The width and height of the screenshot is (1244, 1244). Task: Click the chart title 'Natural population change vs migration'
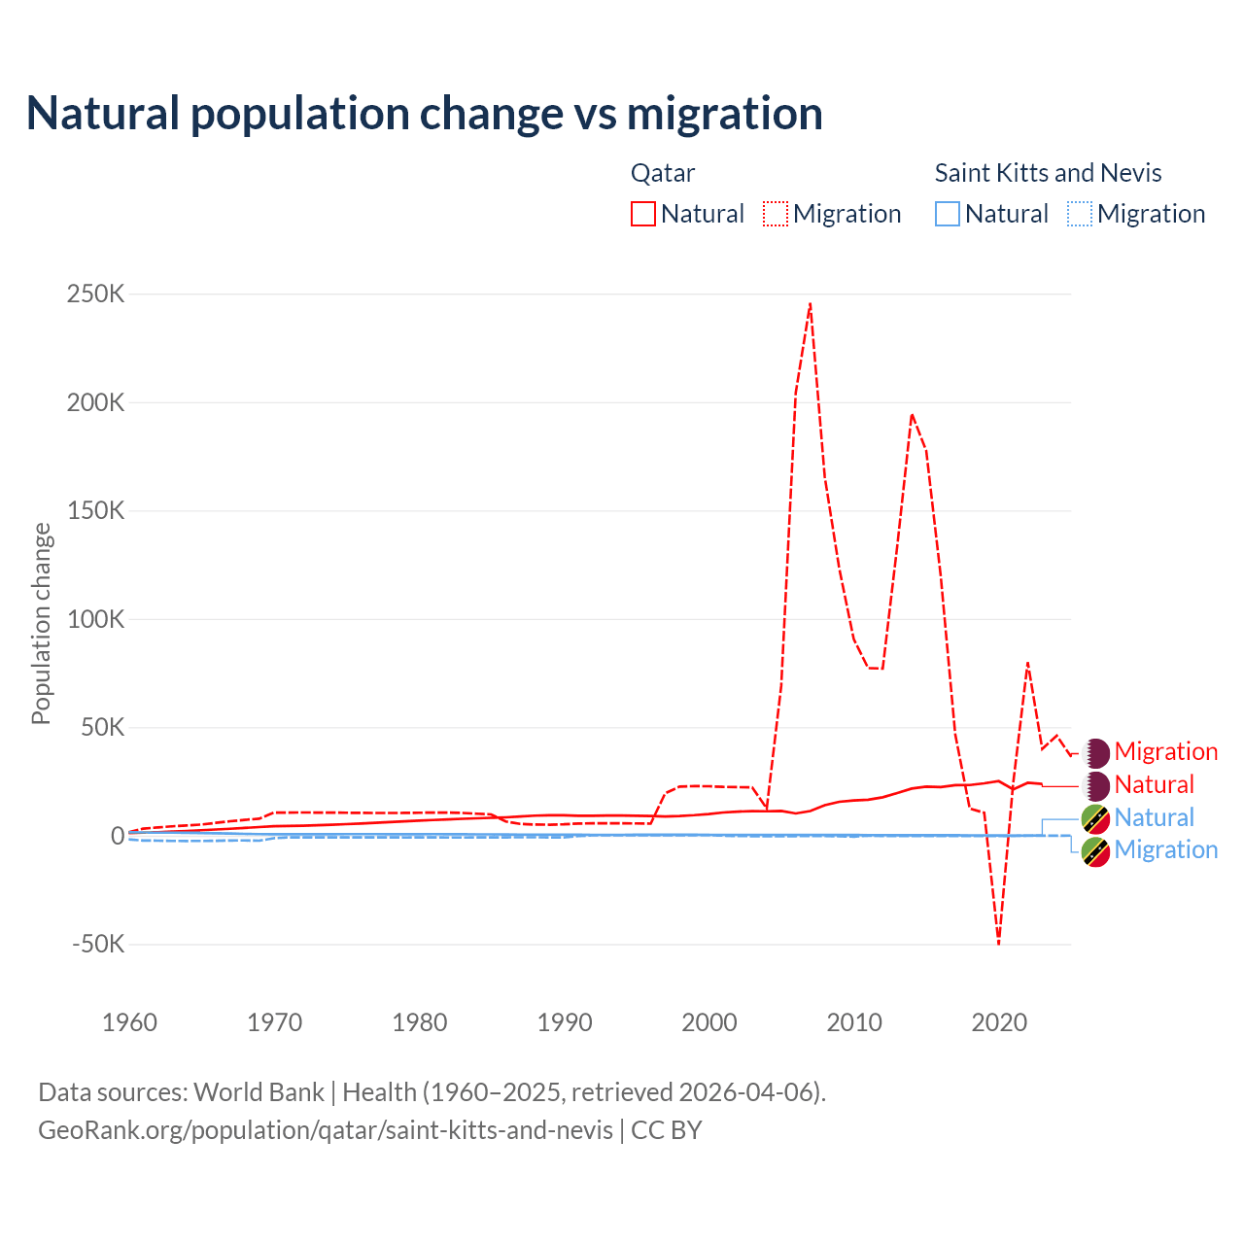point(425,114)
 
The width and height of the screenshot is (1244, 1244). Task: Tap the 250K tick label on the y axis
point(95,294)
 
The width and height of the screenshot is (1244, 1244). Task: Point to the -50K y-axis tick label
point(98,944)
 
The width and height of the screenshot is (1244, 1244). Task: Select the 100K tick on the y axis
point(95,619)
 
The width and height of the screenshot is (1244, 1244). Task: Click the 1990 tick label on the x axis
point(565,1022)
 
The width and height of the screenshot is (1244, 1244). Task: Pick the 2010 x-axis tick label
point(854,1022)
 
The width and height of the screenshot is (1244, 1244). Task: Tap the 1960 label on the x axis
point(129,1022)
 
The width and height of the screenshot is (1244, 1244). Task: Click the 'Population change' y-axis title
point(41,624)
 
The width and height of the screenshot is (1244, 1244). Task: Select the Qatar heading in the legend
point(663,173)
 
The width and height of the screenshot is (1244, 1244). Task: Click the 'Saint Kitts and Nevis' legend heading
point(1048,173)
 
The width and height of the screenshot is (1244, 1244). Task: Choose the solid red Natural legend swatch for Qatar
point(643,214)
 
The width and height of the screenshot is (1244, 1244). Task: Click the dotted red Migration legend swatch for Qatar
point(776,214)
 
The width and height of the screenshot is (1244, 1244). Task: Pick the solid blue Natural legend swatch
point(948,214)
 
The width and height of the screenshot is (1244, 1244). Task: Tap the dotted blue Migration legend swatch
point(1080,214)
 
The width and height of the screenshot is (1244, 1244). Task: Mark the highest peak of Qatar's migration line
point(810,304)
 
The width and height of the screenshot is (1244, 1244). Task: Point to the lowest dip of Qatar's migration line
point(998,942)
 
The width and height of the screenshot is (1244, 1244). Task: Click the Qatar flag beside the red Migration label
point(1096,751)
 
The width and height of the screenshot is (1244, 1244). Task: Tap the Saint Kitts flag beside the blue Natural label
point(1096,818)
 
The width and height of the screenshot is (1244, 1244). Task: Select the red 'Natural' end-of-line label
point(1154,784)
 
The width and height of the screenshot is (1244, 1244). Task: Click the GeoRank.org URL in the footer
point(326,1130)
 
